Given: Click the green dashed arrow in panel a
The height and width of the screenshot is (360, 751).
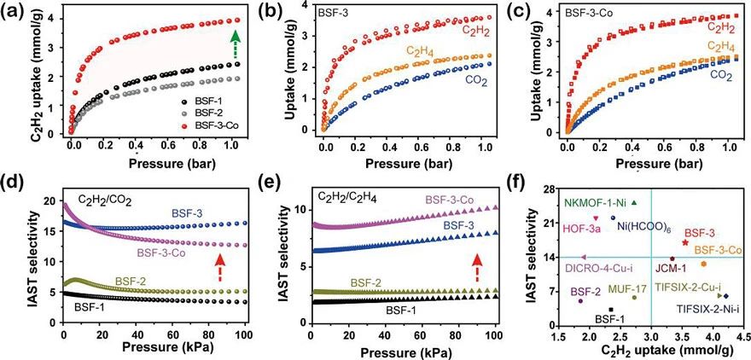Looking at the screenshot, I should (x=235, y=45).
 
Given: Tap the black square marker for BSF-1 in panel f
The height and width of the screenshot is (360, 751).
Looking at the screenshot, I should (x=611, y=309).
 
